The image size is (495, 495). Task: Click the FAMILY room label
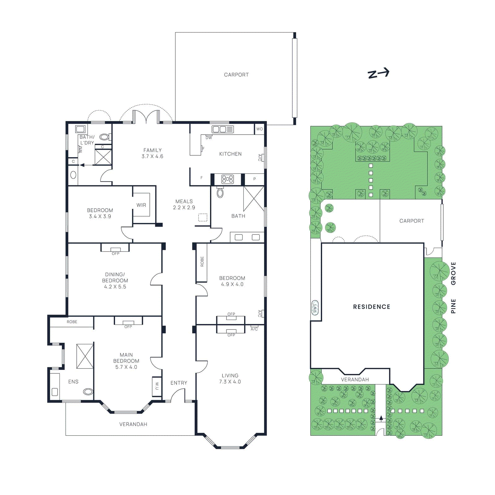(152, 153)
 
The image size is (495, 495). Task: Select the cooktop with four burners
(227, 179)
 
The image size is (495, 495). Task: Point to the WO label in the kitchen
(259, 129)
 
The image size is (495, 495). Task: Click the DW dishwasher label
(209, 138)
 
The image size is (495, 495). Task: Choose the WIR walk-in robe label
(141, 205)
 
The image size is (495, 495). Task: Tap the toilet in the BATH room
(220, 193)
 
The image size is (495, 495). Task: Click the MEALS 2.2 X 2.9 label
(184, 204)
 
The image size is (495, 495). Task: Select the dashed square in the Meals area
(203, 217)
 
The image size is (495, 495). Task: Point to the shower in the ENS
(85, 356)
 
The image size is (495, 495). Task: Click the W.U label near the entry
(157, 386)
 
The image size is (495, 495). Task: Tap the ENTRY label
(179, 383)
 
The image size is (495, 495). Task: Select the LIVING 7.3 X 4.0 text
(230, 378)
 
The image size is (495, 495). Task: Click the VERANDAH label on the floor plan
(133, 424)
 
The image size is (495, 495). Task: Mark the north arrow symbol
(378, 73)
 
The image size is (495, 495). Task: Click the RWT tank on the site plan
(315, 308)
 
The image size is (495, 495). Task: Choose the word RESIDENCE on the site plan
(372, 307)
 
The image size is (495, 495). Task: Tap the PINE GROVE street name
(453, 288)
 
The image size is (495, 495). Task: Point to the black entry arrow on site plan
(381, 418)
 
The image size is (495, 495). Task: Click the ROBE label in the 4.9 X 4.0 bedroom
(202, 261)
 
